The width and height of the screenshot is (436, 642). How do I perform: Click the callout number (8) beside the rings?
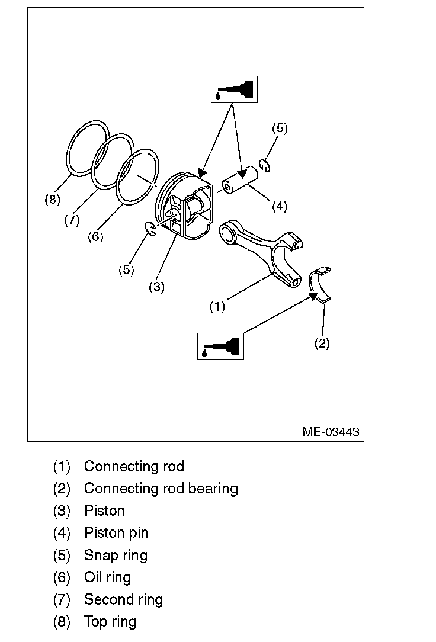click(x=52, y=200)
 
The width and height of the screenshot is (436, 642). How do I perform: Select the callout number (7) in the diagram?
click(x=71, y=220)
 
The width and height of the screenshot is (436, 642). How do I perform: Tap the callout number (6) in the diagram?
click(x=95, y=236)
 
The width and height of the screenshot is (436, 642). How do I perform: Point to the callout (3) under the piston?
click(x=156, y=287)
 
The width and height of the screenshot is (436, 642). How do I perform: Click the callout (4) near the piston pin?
click(x=280, y=206)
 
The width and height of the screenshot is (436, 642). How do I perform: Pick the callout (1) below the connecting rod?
click(x=217, y=307)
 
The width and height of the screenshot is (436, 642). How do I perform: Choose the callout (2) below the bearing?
click(x=322, y=344)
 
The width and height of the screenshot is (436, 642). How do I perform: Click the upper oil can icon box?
click(x=234, y=89)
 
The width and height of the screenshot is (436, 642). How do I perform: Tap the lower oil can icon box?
click(x=220, y=346)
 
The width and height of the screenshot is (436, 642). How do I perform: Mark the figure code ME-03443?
click(x=331, y=432)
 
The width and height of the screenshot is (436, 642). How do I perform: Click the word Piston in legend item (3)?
click(x=104, y=511)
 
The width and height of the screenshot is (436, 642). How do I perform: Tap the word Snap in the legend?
click(x=99, y=556)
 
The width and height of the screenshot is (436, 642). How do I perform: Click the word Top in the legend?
click(x=95, y=621)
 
